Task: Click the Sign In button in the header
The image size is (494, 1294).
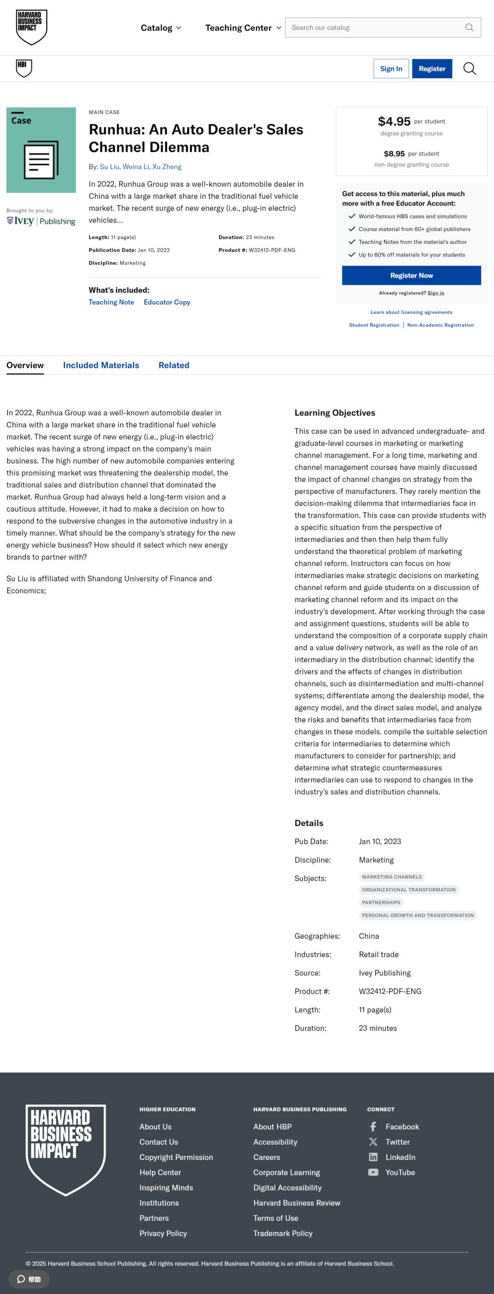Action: coord(390,69)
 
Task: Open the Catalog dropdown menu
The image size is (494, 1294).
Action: coord(161,27)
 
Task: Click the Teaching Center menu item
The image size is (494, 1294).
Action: coord(243,27)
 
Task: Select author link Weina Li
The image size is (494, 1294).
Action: coord(136,167)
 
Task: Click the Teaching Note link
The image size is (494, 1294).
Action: coord(111,302)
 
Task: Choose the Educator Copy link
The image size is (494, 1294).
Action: coord(167,302)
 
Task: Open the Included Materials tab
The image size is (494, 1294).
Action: coord(101,365)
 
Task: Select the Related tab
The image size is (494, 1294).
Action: coord(174,365)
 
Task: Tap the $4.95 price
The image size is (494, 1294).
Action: coord(394,121)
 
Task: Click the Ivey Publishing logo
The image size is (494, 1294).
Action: coord(41,221)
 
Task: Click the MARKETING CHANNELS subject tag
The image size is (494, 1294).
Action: coord(391,876)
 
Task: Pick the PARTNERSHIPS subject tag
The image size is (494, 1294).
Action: coord(381,902)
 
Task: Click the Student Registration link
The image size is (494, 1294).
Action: coord(374,325)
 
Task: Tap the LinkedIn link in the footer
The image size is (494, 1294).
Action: coord(400,1157)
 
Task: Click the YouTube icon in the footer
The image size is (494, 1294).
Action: coord(373,1172)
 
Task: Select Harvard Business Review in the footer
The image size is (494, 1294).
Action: coord(297,1202)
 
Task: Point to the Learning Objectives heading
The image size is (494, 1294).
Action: coord(335,413)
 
